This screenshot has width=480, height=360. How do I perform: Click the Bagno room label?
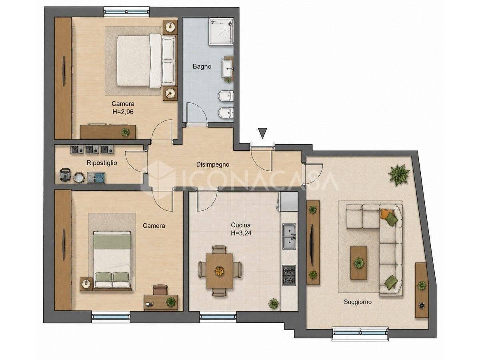click(x=202, y=66)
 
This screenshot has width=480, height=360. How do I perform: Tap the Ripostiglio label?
click(x=102, y=163)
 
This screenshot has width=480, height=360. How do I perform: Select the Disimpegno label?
click(x=212, y=164)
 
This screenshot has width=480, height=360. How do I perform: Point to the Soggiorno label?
click(x=358, y=302)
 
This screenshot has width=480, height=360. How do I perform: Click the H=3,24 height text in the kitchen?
click(x=241, y=233)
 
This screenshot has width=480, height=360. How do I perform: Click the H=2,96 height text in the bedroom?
click(x=123, y=112)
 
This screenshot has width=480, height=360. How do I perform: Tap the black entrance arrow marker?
click(x=262, y=133)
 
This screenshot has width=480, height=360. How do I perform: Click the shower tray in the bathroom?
click(x=221, y=32)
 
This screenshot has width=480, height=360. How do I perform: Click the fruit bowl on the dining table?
click(x=219, y=271)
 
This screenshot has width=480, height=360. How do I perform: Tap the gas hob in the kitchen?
click(x=289, y=275)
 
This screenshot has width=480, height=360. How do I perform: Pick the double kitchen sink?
click(x=289, y=236)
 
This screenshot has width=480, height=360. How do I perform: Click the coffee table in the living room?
click(x=358, y=263)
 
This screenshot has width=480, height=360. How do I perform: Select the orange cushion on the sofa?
click(x=385, y=213)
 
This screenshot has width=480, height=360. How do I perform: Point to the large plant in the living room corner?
click(x=399, y=175)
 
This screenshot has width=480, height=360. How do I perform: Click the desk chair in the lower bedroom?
click(x=160, y=290)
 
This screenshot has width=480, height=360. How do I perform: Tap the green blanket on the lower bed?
click(x=112, y=240)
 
